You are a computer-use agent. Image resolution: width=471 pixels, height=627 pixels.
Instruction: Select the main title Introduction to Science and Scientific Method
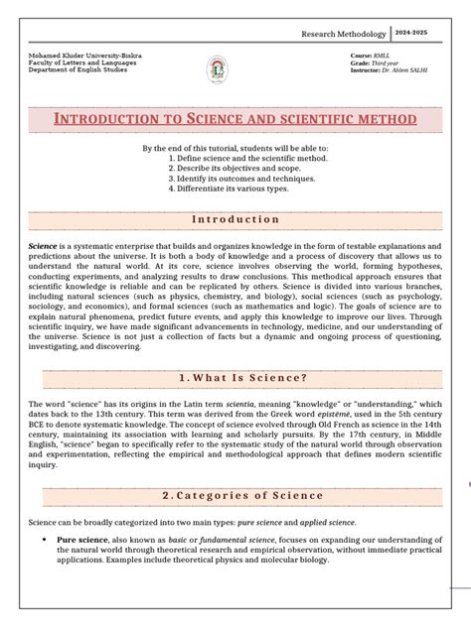[235, 119]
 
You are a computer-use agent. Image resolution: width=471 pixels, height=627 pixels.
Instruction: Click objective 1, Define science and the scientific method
[248, 158]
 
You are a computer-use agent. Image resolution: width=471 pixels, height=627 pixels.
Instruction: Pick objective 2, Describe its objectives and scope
[236, 168]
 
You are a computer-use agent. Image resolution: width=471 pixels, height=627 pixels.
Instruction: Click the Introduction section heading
[235, 219]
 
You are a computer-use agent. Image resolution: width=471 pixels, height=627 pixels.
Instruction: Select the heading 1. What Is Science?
[235, 377]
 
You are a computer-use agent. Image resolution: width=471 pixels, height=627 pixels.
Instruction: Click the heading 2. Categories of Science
[235, 496]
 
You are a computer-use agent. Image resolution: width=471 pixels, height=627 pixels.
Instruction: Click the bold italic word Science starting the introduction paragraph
[44, 244]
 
